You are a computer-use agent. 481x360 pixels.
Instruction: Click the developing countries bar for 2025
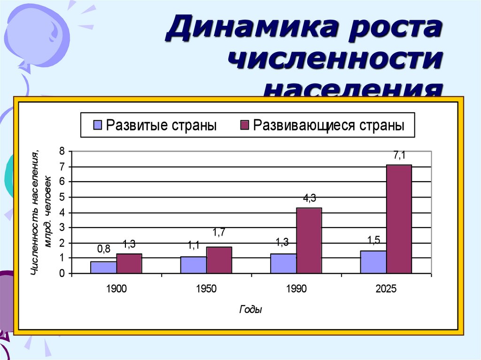click(399, 219)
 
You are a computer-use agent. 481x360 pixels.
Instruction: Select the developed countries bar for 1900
click(103, 267)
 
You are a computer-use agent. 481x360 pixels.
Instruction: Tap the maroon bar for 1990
click(309, 240)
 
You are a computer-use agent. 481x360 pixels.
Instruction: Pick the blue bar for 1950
click(193, 265)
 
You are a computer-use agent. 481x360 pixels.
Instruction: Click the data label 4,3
click(309, 199)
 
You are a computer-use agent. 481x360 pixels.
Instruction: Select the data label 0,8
click(103, 249)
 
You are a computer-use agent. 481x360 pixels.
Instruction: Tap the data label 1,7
click(219, 232)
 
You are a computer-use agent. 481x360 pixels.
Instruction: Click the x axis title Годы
click(250, 310)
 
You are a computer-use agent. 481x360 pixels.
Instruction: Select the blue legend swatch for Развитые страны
click(98, 125)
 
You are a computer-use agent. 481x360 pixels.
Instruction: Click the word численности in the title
click(337, 61)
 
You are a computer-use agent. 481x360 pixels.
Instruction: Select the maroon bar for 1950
click(219, 260)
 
